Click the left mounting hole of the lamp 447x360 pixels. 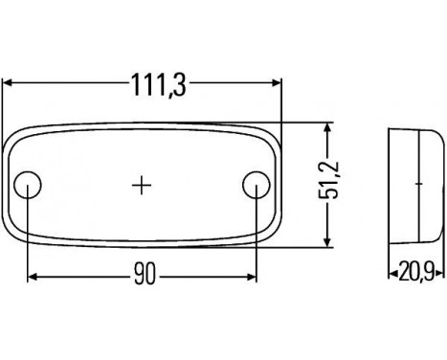pos(31,184)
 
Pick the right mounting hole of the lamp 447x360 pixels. pos(256,184)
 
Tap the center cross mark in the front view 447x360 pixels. pos(143,184)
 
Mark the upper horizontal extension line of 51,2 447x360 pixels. pos(306,123)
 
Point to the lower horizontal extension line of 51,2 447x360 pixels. pos(306,246)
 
